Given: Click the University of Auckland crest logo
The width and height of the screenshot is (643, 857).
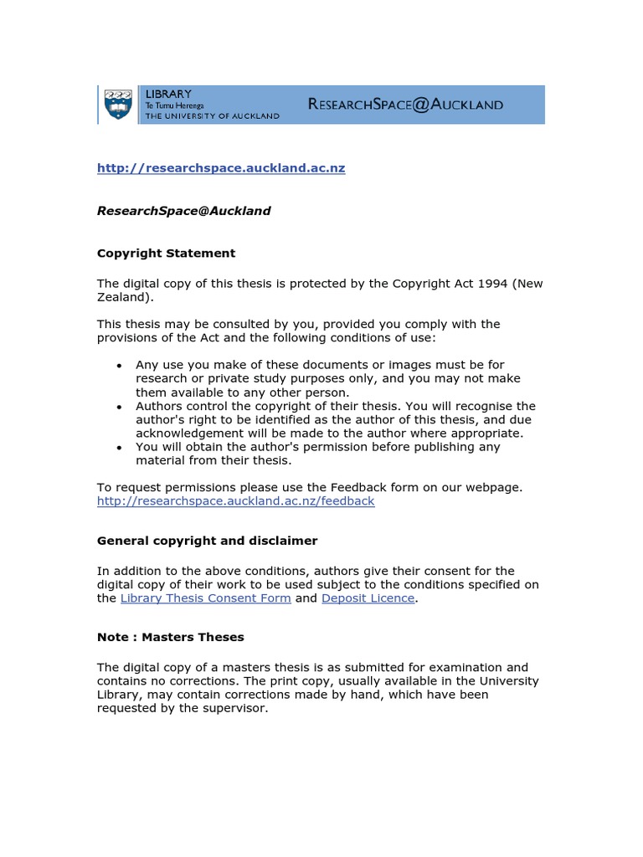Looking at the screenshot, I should [x=118, y=105].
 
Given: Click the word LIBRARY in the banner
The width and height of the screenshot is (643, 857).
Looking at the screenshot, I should [x=168, y=94].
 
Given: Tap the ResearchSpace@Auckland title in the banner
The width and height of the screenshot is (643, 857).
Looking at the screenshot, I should [x=405, y=105].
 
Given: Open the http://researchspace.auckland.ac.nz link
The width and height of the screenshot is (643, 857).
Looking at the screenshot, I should [x=221, y=168].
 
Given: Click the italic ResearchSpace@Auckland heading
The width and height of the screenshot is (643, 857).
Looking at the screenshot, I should [x=183, y=211].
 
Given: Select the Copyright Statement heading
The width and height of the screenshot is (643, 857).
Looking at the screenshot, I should [x=166, y=253].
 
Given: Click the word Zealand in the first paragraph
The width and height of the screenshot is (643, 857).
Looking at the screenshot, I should [x=123, y=297].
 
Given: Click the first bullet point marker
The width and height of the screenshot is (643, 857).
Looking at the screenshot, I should [x=120, y=365].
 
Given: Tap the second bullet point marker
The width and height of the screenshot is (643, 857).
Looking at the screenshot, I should [x=120, y=406].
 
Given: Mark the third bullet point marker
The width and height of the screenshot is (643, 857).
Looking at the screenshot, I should [x=120, y=447].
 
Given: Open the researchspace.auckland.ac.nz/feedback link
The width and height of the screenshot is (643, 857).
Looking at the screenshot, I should [x=235, y=501].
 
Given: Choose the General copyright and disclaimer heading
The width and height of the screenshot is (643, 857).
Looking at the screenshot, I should [x=207, y=541].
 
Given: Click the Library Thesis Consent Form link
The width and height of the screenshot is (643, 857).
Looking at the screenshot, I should [x=206, y=598].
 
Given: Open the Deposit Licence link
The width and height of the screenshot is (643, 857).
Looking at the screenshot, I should [x=368, y=598].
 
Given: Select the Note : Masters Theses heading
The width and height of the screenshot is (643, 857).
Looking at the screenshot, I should [x=170, y=637].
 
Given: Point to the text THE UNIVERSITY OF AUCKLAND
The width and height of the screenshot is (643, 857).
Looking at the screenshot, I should [x=213, y=116].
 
